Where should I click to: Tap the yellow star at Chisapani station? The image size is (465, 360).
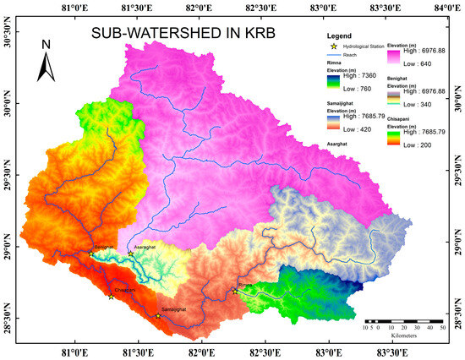click(x=111, y=296)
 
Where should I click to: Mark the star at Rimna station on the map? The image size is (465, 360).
click(x=235, y=291)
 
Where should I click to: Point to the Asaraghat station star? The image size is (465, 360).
click(x=130, y=254)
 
